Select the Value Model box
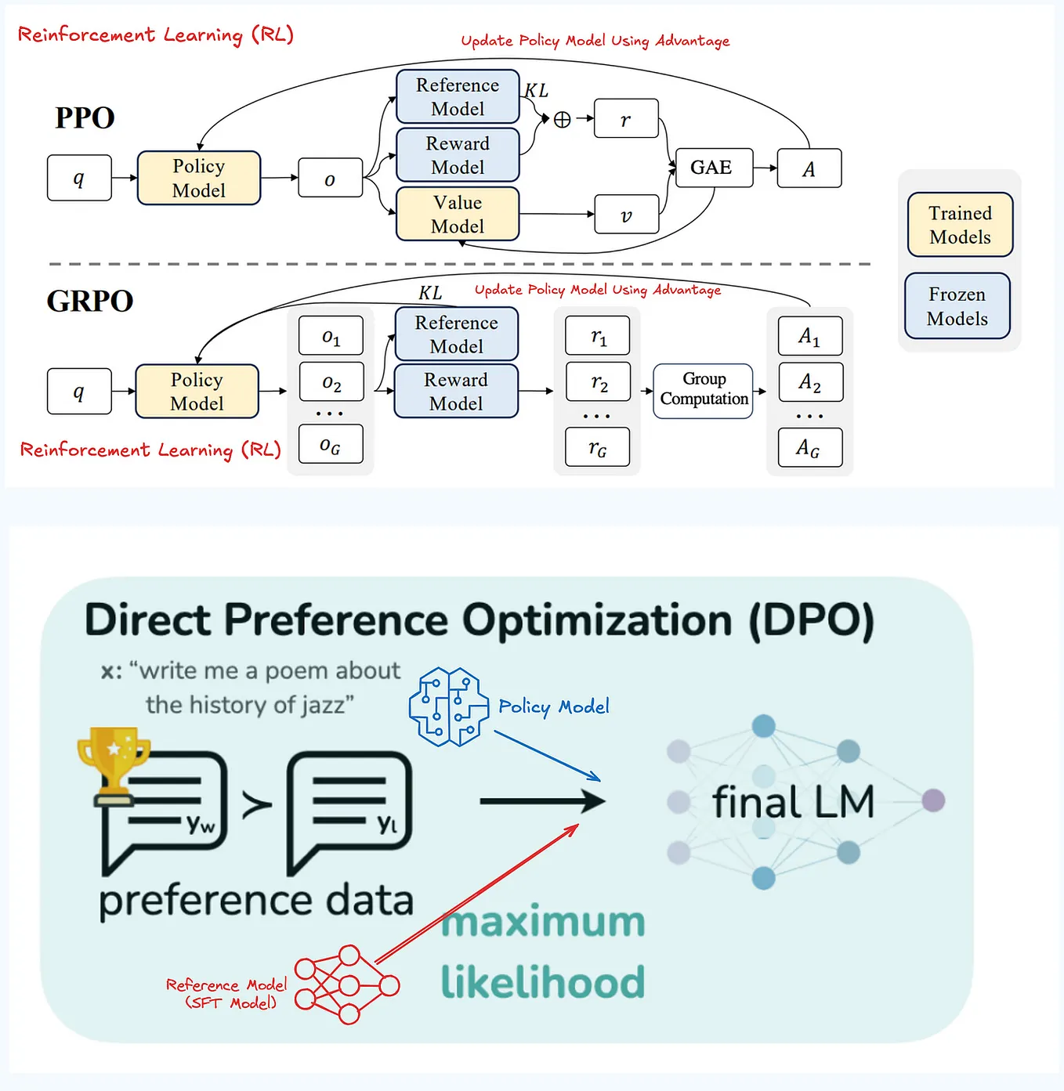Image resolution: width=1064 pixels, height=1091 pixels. click(x=458, y=214)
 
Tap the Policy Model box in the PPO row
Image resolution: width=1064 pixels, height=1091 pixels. click(x=198, y=179)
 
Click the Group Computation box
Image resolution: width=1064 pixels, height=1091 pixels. click(x=703, y=390)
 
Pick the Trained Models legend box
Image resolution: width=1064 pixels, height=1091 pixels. click(x=960, y=225)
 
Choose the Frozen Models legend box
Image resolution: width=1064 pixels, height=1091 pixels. click(x=957, y=306)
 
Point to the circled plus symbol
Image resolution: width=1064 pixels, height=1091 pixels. click(x=562, y=119)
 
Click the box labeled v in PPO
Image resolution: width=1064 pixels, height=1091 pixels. click(x=626, y=215)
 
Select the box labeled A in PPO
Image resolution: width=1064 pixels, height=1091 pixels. click(x=809, y=168)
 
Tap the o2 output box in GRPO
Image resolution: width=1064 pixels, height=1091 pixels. click(x=331, y=382)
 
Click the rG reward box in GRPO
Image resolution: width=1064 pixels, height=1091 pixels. click(x=598, y=447)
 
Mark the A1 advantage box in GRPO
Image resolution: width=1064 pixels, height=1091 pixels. click(x=809, y=336)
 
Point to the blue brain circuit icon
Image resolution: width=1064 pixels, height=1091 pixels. click(x=444, y=706)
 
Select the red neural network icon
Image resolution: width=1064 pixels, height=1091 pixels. click(x=347, y=984)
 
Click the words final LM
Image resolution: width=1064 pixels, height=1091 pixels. click(x=793, y=802)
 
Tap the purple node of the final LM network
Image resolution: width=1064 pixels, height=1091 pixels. click(x=933, y=800)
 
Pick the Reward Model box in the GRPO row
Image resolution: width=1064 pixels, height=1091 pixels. click(x=456, y=391)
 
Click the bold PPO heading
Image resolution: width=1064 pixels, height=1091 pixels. click(x=85, y=117)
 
